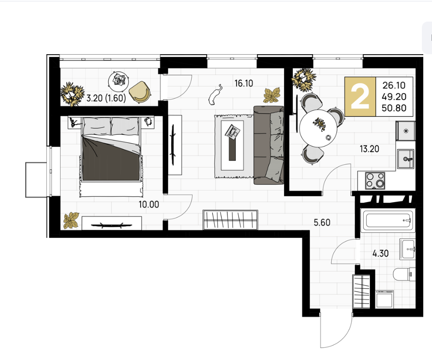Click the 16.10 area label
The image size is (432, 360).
coord(244,83)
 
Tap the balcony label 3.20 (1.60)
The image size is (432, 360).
coord(106,98)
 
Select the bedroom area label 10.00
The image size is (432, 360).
coord(149,204)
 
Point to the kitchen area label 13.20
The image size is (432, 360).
coord(369,149)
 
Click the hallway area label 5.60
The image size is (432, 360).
coord(322,222)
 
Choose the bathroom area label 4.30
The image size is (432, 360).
coord(381,253)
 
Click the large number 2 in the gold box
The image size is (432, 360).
coord(360,96)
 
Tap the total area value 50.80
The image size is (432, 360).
coord(394,108)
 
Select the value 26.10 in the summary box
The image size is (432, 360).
coord(394,85)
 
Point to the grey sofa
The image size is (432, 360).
coord(269,145)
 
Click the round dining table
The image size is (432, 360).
coord(318,129)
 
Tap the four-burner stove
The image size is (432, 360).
coord(375,180)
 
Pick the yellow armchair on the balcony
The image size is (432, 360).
coord(140,92)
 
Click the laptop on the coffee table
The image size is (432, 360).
coord(232,132)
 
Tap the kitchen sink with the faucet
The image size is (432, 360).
coord(405,159)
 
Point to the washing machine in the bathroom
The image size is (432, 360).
coord(385,298)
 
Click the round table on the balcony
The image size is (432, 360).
coord(119,81)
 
